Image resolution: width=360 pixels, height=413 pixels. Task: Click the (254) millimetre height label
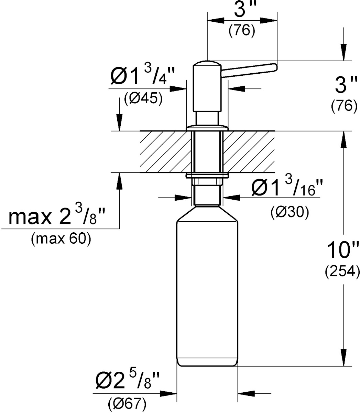click(x=342, y=272)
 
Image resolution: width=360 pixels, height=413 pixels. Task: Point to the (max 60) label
click(x=61, y=239)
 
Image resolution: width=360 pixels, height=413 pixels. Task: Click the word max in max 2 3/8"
click(x=30, y=218)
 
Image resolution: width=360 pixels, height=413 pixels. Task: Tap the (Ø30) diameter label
click(x=290, y=212)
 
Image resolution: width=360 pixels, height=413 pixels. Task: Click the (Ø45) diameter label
click(x=143, y=98)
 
